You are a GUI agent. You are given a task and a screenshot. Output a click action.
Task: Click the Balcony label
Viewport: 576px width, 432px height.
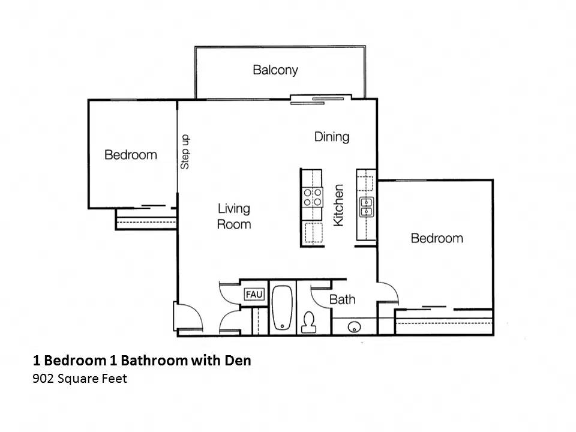(x=275, y=70)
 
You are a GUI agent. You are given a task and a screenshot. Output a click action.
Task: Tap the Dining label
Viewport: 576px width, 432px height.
(x=331, y=137)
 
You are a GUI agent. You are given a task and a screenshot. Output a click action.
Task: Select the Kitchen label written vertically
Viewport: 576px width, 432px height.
(x=338, y=205)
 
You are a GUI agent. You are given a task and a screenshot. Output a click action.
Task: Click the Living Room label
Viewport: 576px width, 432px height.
(x=233, y=216)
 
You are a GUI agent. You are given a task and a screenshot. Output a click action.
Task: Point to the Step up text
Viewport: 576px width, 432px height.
(x=185, y=152)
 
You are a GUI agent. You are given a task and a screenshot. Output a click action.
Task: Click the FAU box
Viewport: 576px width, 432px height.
(x=254, y=295)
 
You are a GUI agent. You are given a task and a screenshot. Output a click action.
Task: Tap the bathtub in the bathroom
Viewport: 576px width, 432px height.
(x=281, y=308)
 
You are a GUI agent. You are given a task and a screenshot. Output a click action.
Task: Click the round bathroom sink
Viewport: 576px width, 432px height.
(x=354, y=327)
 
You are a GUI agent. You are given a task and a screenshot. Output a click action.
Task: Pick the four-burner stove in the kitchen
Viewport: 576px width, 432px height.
(x=312, y=197)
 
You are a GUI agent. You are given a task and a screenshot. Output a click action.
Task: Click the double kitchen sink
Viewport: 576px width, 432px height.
(x=366, y=206)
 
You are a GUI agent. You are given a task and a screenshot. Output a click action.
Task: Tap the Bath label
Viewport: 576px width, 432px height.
(x=342, y=299)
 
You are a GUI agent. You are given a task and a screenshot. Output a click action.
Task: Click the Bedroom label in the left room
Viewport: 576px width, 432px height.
(x=130, y=155)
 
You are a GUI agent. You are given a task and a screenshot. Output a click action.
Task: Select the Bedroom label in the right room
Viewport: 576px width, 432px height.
(x=436, y=238)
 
